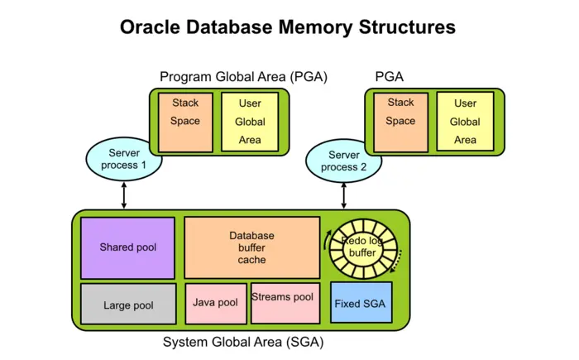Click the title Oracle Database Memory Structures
288,26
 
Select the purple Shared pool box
127,247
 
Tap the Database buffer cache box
251,247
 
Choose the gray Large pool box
128,304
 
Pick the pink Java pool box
215,303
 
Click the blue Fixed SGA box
361,304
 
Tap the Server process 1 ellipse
124,159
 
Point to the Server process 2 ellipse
343,161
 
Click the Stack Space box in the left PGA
185,122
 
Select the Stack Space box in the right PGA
400,122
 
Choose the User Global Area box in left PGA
250,122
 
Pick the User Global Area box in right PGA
465,122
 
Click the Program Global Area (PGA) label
244,77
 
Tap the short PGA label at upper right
390,77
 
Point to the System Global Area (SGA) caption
243,342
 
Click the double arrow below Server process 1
124,195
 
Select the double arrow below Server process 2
343,195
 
